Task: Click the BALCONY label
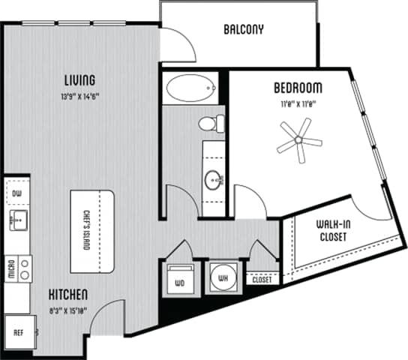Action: [x=244, y=31]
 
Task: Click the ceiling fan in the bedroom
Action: [x=298, y=139]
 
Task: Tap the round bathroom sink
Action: [x=215, y=179]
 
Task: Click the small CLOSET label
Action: [x=261, y=280]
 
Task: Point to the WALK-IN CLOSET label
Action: [x=331, y=231]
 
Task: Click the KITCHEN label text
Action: [x=70, y=293]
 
